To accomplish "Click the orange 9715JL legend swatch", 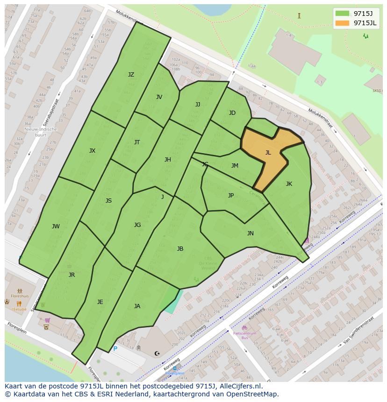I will tap(342, 23).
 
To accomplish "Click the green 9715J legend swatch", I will tap(342, 14).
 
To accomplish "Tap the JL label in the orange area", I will tap(268, 153).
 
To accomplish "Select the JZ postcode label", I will tap(131, 75).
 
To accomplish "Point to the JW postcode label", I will tap(56, 226).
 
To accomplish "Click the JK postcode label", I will tap(289, 184).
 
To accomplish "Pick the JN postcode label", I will tap(251, 233).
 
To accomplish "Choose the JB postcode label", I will tap(180, 249).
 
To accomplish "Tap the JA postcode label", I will tap(137, 306).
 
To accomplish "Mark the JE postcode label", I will tap(100, 302).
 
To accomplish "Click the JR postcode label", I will tap(72, 275).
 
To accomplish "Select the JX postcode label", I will tap(92, 151).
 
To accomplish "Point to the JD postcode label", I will tap(232, 113).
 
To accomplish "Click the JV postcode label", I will tap(159, 97).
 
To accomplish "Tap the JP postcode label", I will tap(231, 196).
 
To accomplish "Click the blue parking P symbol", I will tap(115, 349).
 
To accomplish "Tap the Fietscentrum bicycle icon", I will tap(244, 328).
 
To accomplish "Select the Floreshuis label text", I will tap(20, 296).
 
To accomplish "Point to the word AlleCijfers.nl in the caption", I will tap(240, 386).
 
